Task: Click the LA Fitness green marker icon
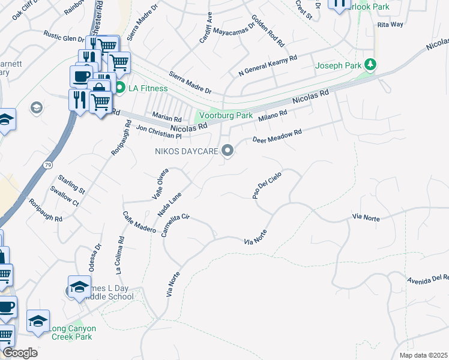(119, 88)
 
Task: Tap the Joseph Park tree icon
(371, 64)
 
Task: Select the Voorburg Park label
(226, 115)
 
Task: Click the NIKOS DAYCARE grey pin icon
(228, 151)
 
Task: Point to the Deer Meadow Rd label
(277, 137)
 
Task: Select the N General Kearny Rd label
(268, 67)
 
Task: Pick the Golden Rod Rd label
(268, 31)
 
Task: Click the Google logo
(20, 353)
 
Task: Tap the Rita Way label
(390, 25)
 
